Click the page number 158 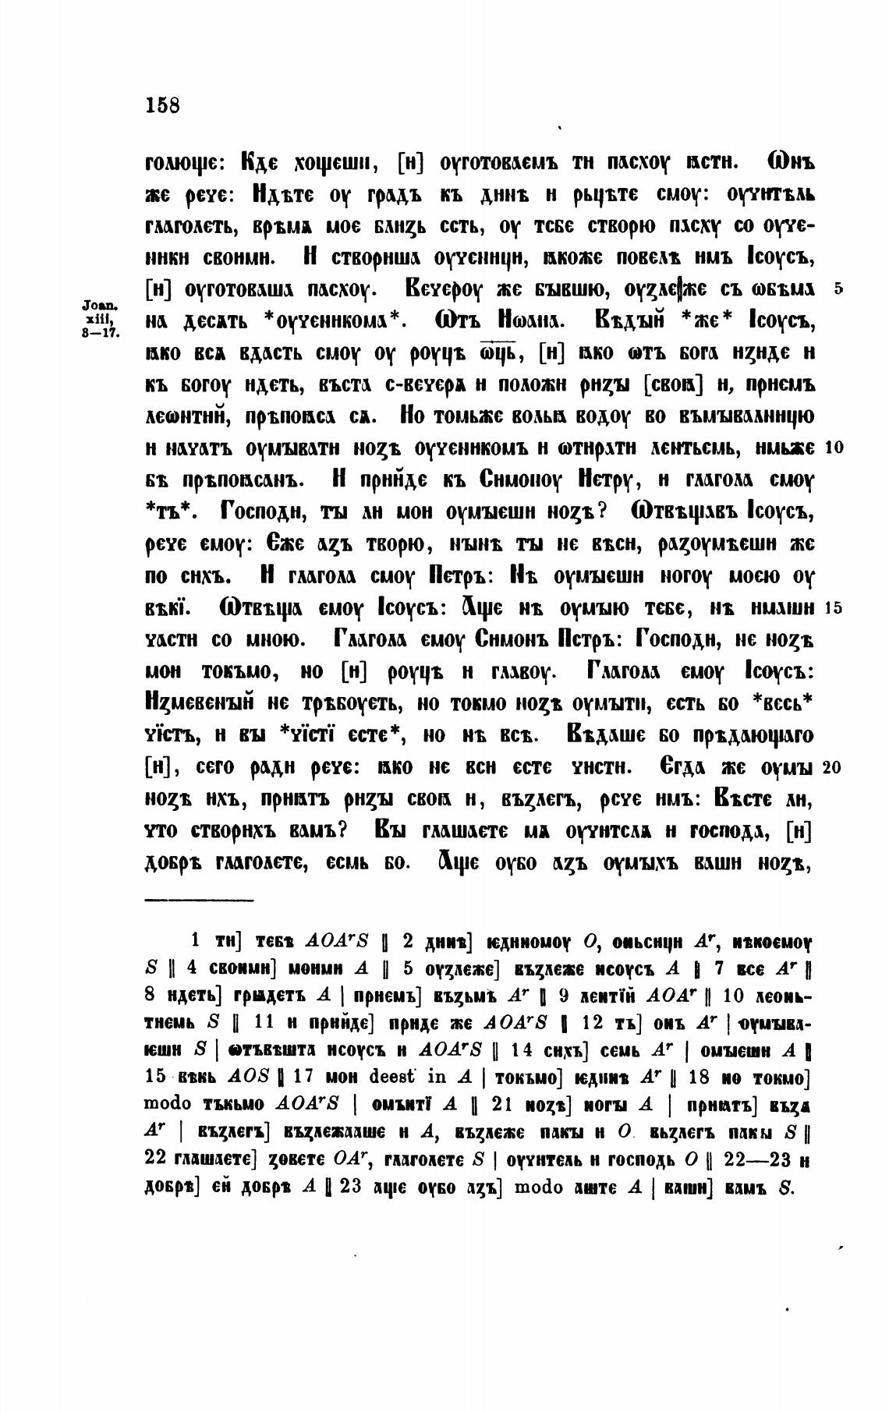click(162, 105)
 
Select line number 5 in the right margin click(838, 288)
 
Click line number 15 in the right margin click(831, 608)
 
